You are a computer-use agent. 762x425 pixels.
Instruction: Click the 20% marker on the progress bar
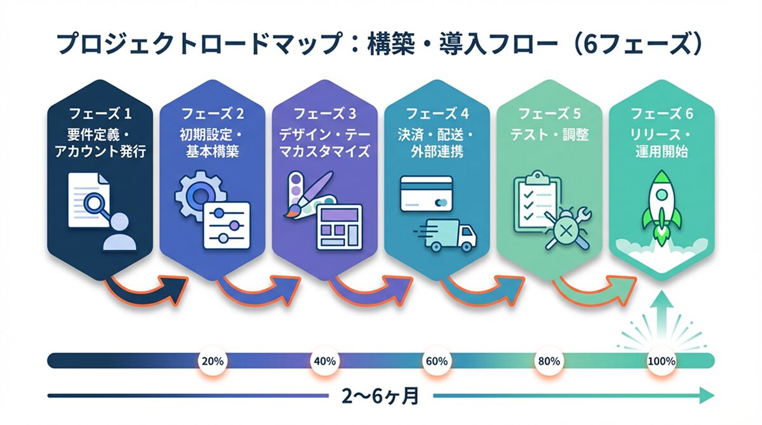[x=211, y=362]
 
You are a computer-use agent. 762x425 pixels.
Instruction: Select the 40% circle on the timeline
[x=324, y=362]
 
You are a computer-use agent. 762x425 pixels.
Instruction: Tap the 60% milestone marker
[x=436, y=362]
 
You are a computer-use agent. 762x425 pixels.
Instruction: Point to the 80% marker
[x=549, y=362]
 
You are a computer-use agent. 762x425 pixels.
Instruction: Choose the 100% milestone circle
[x=661, y=362]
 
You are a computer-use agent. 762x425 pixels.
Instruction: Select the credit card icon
[x=426, y=193]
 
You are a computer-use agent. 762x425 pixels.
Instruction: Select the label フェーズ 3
[x=324, y=114]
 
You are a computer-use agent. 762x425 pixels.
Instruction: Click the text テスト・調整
[x=549, y=135]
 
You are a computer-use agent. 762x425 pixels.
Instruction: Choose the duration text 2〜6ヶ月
[x=381, y=397]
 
